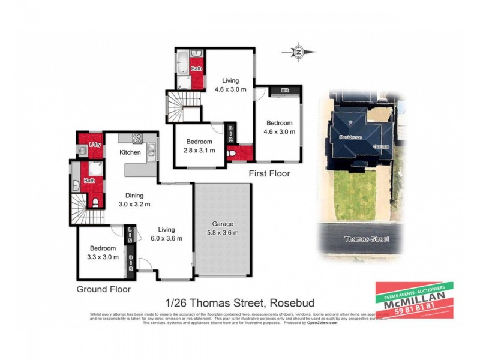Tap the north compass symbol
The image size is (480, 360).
[299, 51]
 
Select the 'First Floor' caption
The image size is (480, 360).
[269, 173]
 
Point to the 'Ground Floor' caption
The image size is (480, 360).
[103, 289]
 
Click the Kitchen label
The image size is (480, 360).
[130, 152]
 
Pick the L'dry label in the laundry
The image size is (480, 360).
[94, 145]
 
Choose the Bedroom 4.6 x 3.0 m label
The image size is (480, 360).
[280, 127]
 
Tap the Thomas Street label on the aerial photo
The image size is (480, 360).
[366, 239]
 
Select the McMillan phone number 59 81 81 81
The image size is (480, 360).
[414, 311]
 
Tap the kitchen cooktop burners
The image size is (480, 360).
[137, 137]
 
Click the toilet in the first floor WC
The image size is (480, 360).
[233, 155]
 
